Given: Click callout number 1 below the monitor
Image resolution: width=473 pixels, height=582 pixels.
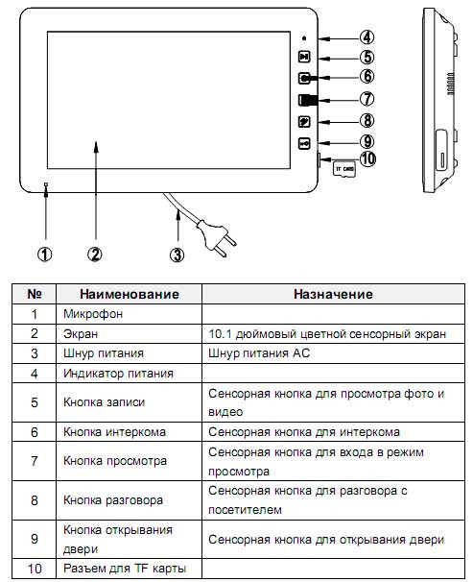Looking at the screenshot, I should tap(45, 255).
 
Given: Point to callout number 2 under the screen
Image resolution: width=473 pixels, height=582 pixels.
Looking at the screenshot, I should tap(95, 255).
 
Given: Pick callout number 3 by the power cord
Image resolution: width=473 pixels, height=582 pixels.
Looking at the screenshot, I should tap(176, 255).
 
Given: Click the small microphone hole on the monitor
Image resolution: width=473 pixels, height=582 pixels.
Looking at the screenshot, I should tap(45, 182).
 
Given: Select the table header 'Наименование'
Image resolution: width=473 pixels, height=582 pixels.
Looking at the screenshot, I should tap(130, 294).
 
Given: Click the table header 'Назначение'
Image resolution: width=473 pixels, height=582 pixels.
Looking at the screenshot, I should tap(333, 294).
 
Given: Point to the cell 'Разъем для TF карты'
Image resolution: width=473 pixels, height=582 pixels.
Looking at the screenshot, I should tap(124, 570).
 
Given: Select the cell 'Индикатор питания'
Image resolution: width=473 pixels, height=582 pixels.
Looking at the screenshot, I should tap(118, 373).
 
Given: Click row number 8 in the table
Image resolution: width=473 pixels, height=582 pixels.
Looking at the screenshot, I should tap(35, 500).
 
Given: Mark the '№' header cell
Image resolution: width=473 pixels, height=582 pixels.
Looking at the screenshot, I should tap(35, 294).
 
